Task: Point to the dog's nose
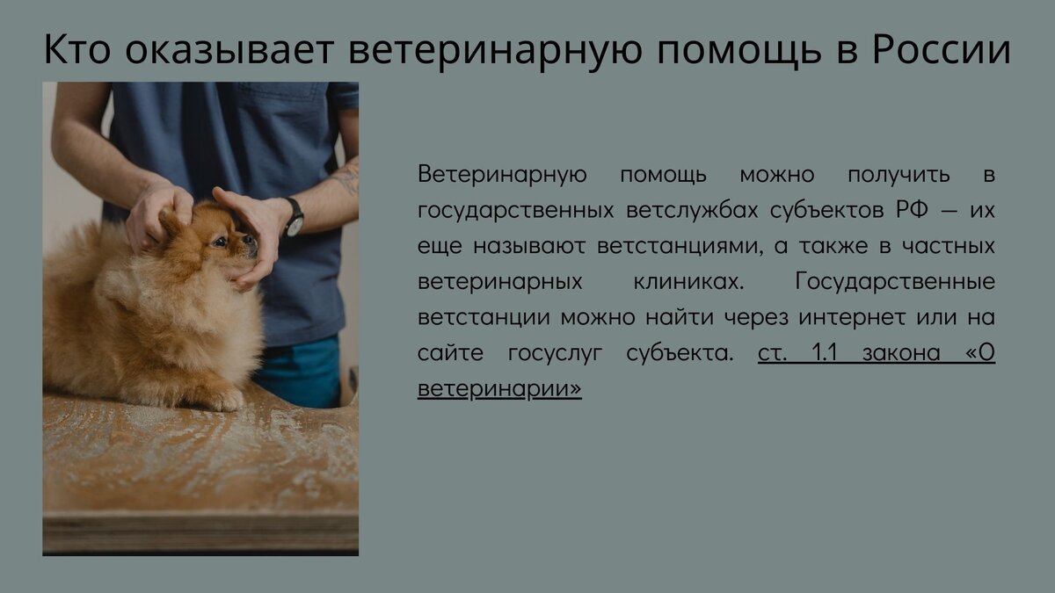pos(251,239)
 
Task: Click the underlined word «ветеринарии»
pos(499,389)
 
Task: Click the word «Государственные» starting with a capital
pos(894,282)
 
